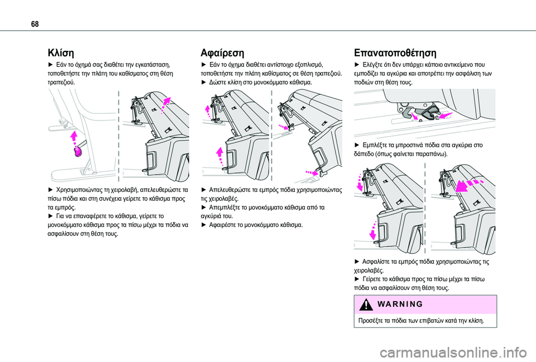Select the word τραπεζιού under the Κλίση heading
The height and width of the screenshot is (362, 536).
58,82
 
